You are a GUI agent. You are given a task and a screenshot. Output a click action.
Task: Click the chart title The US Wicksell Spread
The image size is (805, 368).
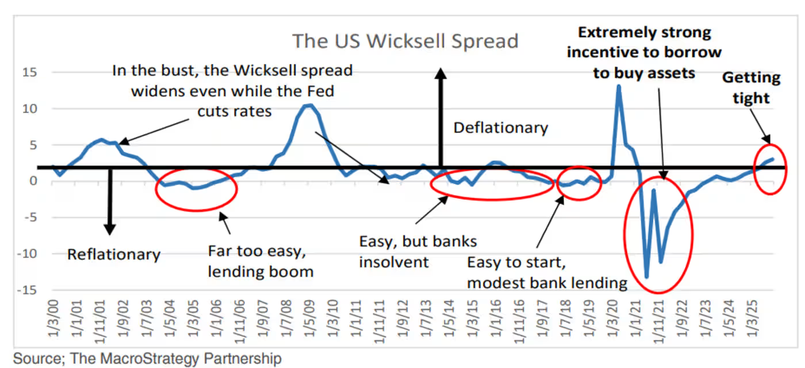[x=405, y=41]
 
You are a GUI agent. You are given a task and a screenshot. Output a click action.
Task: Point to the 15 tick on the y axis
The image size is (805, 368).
[x=30, y=72]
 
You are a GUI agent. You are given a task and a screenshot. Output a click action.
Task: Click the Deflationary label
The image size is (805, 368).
[x=500, y=127]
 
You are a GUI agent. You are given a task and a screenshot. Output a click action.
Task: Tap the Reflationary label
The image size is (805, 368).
[x=114, y=254]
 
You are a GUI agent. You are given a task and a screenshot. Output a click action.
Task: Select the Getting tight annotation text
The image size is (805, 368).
[x=751, y=87]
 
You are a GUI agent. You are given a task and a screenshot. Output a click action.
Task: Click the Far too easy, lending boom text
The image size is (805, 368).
[x=260, y=261]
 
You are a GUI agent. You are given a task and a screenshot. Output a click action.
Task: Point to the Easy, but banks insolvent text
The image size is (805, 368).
[x=418, y=251]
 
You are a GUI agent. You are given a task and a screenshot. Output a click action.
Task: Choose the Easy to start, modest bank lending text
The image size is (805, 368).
[x=546, y=273]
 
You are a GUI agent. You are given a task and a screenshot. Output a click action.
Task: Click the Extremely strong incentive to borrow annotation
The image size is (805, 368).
[x=644, y=52]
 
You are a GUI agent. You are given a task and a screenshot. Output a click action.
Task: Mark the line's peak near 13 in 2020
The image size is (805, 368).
[x=619, y=86]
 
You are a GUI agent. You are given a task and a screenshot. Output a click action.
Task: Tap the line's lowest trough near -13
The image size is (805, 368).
[x=647, y=277]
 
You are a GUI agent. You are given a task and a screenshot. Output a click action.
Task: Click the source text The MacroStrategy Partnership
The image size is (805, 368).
[x=147, y=359]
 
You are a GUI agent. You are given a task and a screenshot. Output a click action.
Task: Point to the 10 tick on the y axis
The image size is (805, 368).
[x=30, y=109]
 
